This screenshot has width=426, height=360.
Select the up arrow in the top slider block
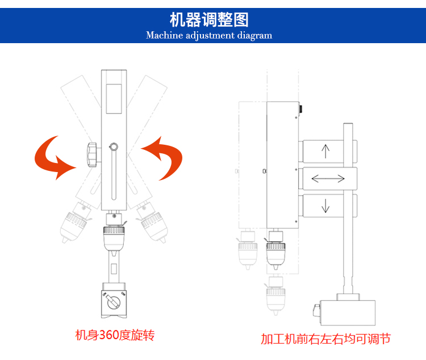tap(325, 151)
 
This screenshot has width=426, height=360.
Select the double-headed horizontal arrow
tap(328, 178)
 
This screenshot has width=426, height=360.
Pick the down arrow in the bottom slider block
tap(325, 205)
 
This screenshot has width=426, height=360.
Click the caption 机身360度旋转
tap(115, 335)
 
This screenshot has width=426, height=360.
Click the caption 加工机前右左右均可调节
tap(325, 339)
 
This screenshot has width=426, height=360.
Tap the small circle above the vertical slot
tap(114, 148)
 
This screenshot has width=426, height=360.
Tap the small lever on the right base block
tap(316, 309)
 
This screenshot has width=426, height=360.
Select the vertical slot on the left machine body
tap(114, 176)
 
